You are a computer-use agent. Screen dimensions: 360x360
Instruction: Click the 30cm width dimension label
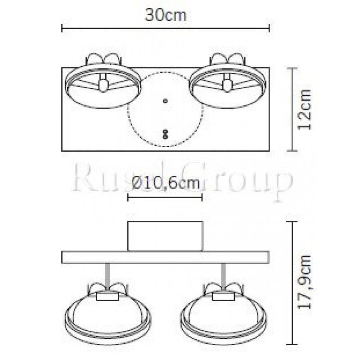(x=165, y=15)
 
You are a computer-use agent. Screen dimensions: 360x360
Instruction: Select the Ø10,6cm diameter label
(x=166, y=184)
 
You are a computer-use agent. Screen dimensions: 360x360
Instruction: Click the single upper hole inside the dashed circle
(x=165, y=101)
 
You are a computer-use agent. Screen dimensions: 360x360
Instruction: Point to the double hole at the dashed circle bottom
(x=165, y=133)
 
